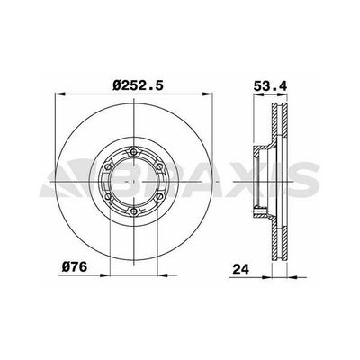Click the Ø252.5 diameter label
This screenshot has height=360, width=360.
coord(139,86)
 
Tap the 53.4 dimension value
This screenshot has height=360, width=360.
coord(270,86)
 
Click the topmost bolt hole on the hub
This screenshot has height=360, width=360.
coord(134,151)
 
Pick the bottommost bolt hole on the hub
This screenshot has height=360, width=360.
coord(134,212)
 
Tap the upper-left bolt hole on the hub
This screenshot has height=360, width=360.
coord(108,166)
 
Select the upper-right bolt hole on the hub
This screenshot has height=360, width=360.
coord(160,166)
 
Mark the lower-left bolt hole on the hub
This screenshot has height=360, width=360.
coord(108,197)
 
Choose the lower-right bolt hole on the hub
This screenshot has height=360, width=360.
coord(160,197)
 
